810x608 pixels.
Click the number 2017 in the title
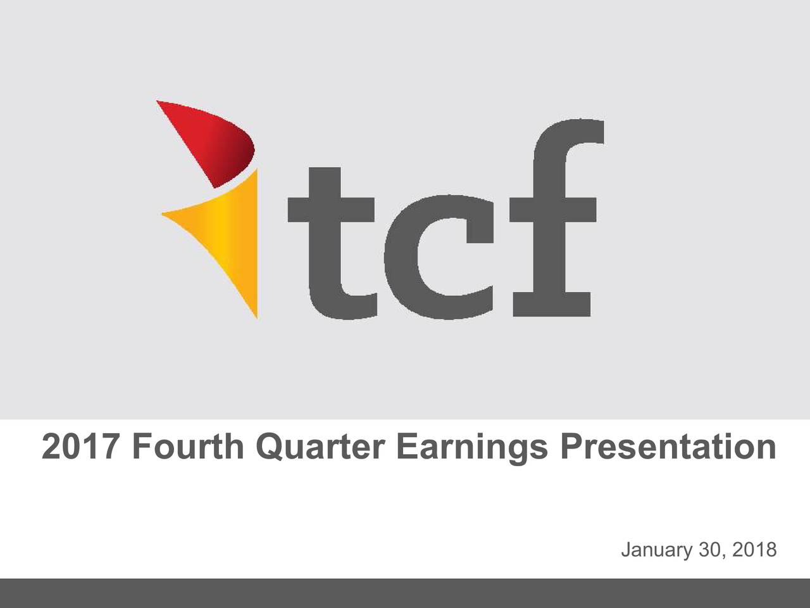point(80,447)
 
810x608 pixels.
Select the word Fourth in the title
point(188,447)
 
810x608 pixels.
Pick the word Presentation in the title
point(668,447)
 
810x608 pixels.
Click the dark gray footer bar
point(405,593)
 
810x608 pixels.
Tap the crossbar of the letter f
point(553,210)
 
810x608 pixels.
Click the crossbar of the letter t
point(331,210)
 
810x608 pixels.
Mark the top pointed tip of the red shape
point(157,101)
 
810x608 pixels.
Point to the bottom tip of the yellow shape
point(257,317)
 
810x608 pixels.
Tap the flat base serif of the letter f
point(552,305)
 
